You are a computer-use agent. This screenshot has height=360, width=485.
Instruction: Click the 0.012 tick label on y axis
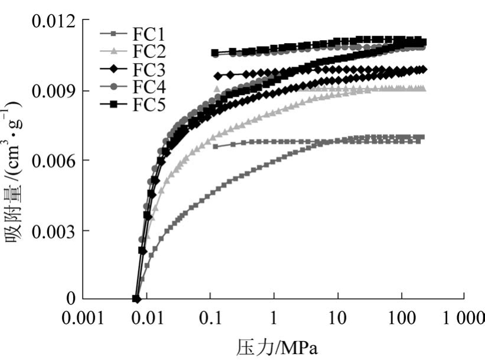tap(53, 22)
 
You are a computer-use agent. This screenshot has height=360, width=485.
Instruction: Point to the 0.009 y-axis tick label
tap(53, 91)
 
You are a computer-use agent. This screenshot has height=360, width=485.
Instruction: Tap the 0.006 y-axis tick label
tap(53, 161)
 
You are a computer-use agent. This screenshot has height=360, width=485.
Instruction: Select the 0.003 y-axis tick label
tap(53, 230)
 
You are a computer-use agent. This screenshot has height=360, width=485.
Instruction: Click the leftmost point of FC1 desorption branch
tap(215, 146)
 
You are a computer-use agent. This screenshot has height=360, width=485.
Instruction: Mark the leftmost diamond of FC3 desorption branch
tap(217, 76)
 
